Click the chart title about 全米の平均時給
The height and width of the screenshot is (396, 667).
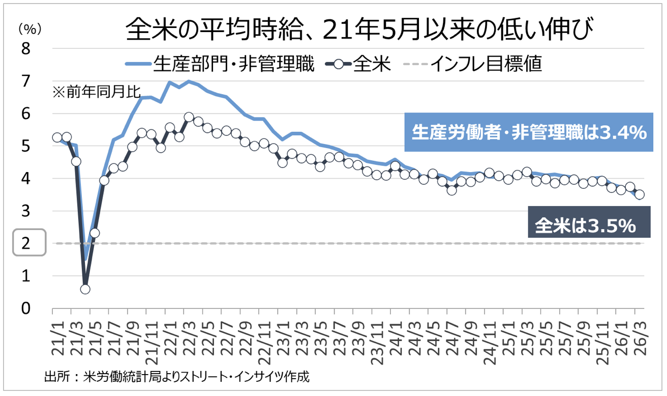[x=359, y=30]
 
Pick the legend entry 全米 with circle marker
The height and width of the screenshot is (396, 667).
[x=358, y=64]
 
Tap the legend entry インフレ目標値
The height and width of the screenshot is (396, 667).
[x=476, y=64]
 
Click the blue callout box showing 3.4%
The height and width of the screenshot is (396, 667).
[x=528, y=133]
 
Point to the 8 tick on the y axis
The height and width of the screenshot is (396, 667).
[x=25, y=49]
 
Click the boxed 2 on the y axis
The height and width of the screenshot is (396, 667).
[x=25, y=243]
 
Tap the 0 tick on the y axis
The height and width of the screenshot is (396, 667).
[x=25, y=308]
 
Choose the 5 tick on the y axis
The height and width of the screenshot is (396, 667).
[x=25, y=146]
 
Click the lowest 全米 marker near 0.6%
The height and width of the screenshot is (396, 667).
[x=85, y=289]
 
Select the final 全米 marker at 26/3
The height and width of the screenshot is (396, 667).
[x=640, y=194]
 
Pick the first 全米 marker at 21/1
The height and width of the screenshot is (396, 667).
[x=57, y=137]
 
